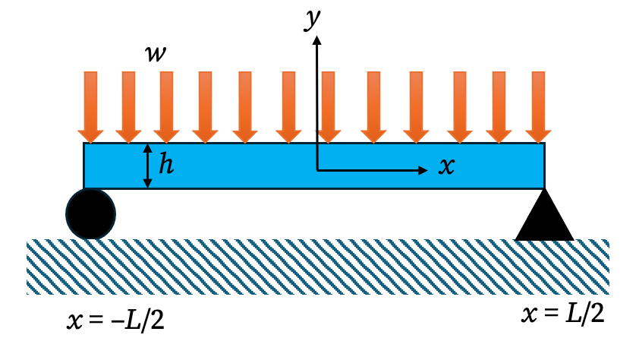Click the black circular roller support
(91, 213)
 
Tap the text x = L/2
(564, 313)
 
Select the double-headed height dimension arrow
(149, 166)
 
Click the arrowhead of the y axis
(318, 36)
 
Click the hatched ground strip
(319, 267)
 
